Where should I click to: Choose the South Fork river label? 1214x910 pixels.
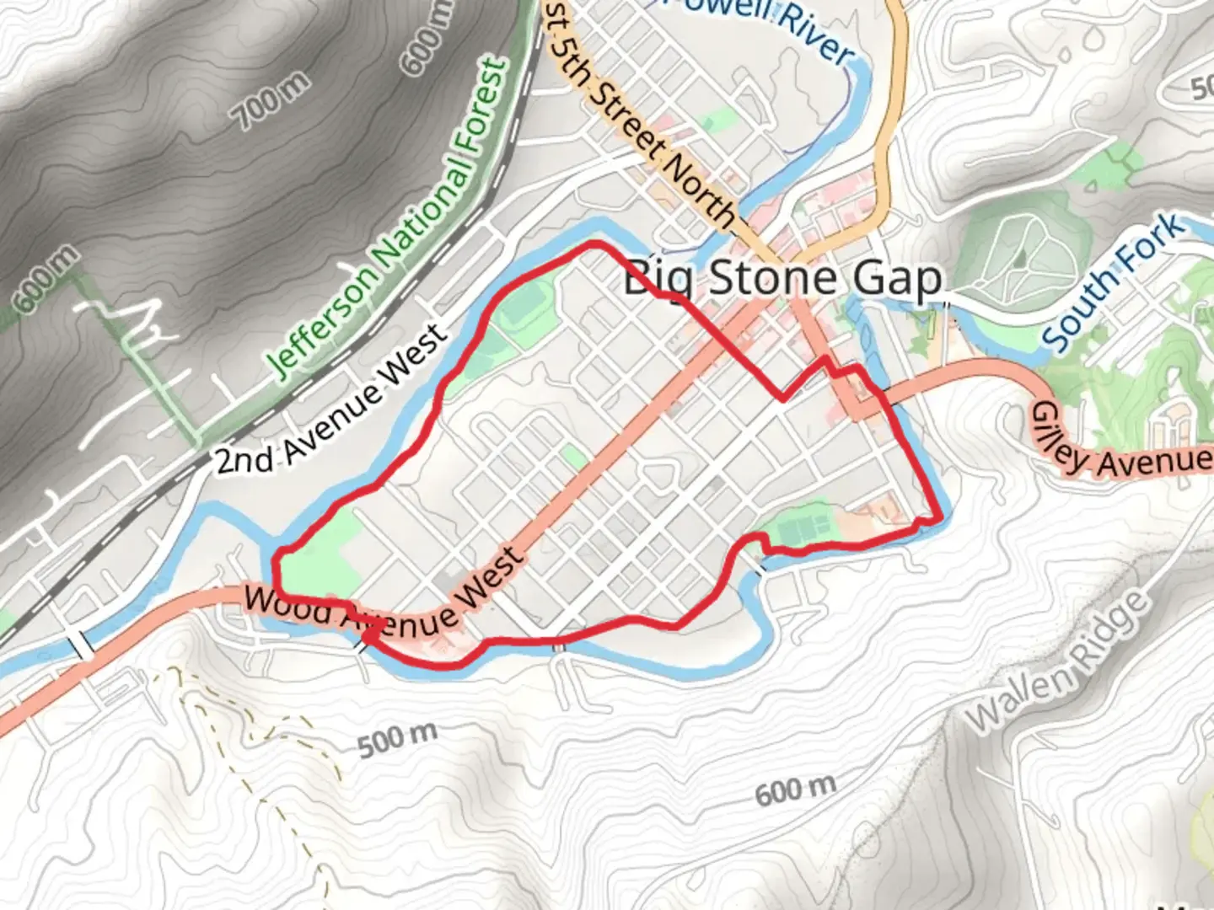[1112, 282]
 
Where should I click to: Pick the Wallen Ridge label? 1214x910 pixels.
[1057, 661]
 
